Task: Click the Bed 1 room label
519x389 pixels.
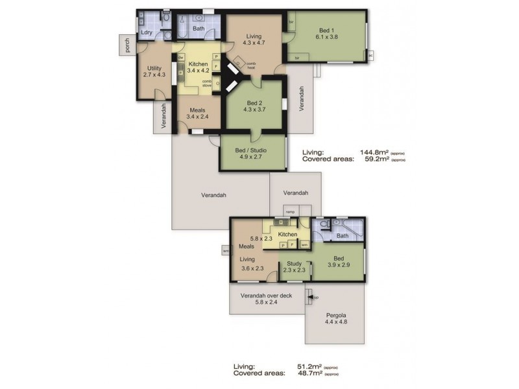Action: (327, 30)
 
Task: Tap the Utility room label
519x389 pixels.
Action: (154, 68)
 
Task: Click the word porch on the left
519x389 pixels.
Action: (120, 45)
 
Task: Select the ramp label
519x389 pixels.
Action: (290, 211)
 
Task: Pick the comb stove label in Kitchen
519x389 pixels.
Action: (207, 82)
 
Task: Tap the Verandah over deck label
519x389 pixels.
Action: (267, 296)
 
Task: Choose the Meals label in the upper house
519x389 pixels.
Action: (198, 110)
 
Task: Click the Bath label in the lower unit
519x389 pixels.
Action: (342, 236)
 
